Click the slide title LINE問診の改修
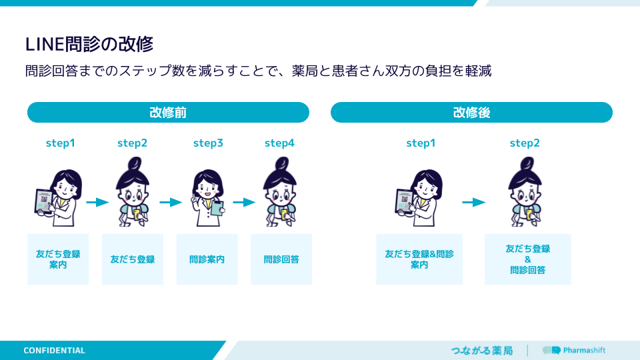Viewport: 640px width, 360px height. click(x=89, y=44)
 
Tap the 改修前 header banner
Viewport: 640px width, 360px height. click(x=168, y=112)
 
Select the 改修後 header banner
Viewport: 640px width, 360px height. click(x=471, y=112)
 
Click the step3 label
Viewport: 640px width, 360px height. click(x=208, y=143)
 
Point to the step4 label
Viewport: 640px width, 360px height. click(x=279, y=143)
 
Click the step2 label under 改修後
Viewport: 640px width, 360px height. click(x=525, y=143)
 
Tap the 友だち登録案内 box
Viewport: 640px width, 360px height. click(x=58, y=259)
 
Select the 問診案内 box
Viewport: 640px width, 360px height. click(x=207, y=259)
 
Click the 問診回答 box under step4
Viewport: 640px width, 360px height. click(x=281, y=259)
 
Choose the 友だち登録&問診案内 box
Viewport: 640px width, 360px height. click(x=419, y=259)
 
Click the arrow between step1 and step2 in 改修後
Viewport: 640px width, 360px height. click(x=473, y=202)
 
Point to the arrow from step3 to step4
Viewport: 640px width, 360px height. click(x=244, y=202)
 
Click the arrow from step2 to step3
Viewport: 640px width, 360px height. click(x=171, y=202)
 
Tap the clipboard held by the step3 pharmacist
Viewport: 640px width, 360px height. click(x=217, y=208)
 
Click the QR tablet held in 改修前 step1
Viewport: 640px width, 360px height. click(x=44, y=202)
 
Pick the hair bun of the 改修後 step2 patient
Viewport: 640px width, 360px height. click(x=527, y=164)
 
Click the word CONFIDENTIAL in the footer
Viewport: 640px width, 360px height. click(x=54, y=351)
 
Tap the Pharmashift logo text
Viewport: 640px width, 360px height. click(x=584, y=350)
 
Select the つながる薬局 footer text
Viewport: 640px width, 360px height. click(x=481, y=351)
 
